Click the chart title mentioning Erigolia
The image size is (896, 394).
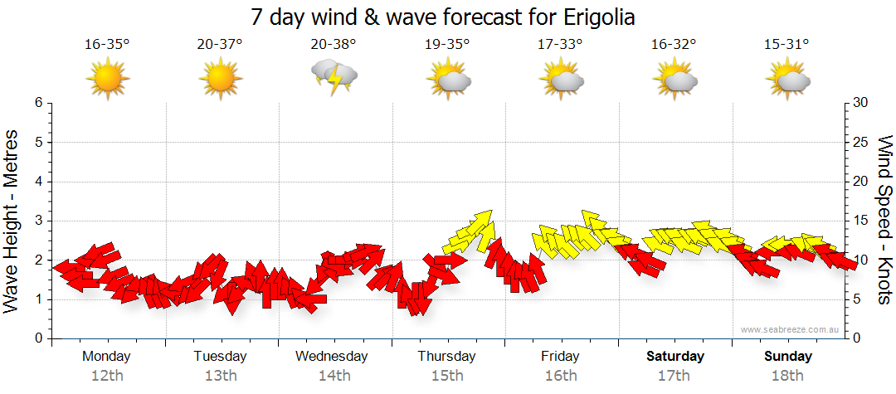[448, 17]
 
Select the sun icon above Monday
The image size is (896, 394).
[107, 80]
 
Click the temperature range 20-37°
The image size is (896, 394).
[220, 45]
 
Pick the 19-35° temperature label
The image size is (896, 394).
[447, 45]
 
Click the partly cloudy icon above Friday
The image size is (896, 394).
[562, 80]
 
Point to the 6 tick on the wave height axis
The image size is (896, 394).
[38, 103]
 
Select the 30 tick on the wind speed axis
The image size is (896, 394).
[861, 103]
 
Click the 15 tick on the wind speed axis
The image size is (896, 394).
[861, 221]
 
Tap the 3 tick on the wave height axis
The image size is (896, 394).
[38, 221]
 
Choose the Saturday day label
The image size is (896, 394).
[674, 357]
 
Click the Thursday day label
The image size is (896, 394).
[447, 357]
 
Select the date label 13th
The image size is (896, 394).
[220, 376]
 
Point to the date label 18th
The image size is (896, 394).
[788, 376]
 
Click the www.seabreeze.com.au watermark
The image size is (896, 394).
[791, 330]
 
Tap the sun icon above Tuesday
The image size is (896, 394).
[220, 80]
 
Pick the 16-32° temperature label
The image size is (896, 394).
[674, 45]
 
